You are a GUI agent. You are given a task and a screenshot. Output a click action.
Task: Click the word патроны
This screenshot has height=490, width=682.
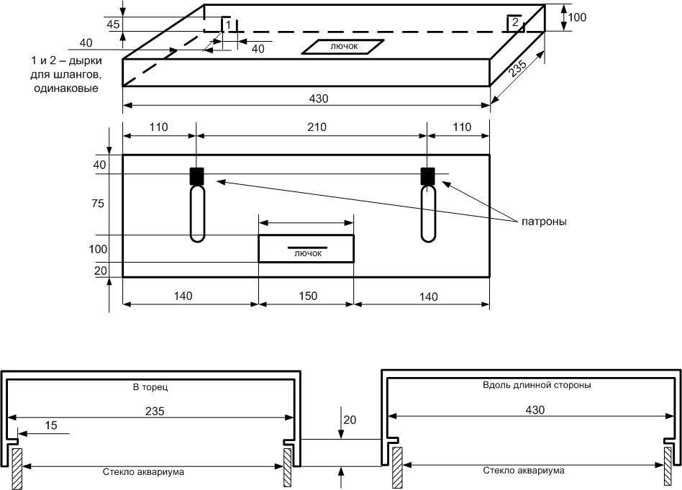click(x=545, y=222)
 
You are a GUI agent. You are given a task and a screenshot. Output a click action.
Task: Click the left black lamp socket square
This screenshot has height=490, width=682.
click(x=196, y=176)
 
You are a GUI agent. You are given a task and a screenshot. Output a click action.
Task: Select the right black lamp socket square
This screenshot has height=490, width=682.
click(x=428, y=176)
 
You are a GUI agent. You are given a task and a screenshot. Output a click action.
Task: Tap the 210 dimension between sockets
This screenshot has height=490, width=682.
click(x=317, y=127)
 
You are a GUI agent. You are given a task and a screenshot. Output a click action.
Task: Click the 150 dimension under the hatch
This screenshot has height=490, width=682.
click(x=305, y=295)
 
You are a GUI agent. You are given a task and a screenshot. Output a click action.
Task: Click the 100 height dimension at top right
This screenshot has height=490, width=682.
click(x=577, y=17)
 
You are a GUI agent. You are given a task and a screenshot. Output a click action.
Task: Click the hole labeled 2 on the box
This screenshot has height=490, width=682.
click(x=515, y=22)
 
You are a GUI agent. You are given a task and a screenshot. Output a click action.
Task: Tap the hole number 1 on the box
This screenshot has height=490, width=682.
click(x=228, y=25)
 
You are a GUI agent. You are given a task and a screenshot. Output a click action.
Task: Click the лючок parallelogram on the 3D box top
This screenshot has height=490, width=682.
click(x=343, y=46)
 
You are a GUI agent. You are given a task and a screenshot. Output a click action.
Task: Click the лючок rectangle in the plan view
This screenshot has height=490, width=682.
click(x=306, y=248)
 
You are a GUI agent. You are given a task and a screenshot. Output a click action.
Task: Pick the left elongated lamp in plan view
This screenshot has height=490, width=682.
click(x=196, y=214)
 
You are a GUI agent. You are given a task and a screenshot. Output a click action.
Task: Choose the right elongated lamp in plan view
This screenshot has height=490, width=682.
click(x=428, y=214)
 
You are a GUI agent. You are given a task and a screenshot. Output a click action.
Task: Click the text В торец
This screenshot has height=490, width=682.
click(x=150, y=387)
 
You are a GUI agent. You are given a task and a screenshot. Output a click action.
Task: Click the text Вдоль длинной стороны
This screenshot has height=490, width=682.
click(x=537, y=385)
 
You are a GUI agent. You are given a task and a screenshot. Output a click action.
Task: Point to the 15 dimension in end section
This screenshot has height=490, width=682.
click(x=50, y=425)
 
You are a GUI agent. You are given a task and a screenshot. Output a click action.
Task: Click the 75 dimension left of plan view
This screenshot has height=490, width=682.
click(x=98, y=204)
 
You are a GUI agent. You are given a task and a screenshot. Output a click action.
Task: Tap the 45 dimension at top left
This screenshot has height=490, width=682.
click(x=113, y=24)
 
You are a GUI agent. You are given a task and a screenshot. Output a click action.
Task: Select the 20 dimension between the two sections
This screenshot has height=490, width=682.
click(x=350, y=419)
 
